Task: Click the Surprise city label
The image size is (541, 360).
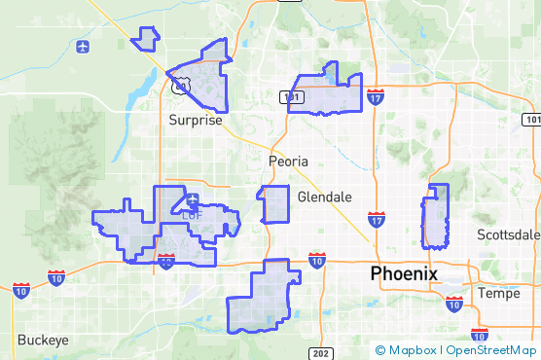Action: [x=195, y=121]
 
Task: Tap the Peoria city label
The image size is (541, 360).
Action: [x=288, y=161]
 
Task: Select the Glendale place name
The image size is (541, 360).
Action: [x=324, y=197]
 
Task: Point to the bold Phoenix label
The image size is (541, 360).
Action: [x=404, y=274]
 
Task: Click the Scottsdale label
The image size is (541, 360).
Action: [x=509, y=234]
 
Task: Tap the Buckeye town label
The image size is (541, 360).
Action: [x=43, y=340]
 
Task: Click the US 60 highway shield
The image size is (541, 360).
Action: [x=179, y=88]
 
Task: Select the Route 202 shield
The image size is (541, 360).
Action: [x=320, y=351]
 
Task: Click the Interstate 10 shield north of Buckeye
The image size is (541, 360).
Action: [x=21, y=290]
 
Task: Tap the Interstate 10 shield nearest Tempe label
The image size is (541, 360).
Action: [x=453, y=304]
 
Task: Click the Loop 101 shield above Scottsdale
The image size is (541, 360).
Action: [x=531, y=119]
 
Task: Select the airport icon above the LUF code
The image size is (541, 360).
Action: [x=193, y=201]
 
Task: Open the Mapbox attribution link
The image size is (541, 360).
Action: [x=408, y=350]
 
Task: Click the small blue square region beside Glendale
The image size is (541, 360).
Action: [x=275, y=204]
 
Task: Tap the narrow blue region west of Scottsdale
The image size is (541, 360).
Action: [x=435, y=216]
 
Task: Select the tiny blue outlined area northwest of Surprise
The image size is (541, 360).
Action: [x=146, y=38]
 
